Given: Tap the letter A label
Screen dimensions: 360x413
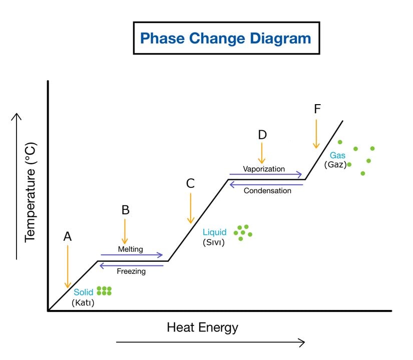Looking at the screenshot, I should click(x=68, y=236).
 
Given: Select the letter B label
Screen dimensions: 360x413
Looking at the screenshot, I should click(x=125, y=210).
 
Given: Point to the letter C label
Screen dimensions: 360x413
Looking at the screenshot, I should click(x=190, y=184).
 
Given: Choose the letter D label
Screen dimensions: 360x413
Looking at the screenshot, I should click(x=262, y=135).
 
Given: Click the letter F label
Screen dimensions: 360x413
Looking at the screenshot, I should click(x=317, y=109).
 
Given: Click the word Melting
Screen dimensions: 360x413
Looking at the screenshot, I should click(x=131, y=249).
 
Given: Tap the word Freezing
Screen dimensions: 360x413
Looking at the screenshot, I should click(x=131, y=271).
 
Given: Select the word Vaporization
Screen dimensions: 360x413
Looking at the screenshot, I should click(x=264, y=169).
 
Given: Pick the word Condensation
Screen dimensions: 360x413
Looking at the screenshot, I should click(x=267, y=191).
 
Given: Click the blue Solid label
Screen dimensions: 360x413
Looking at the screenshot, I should click(x=84, y=292).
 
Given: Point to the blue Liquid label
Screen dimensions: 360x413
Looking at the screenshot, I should click(x=214, y=232).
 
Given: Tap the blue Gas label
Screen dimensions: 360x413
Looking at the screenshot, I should click(x=337, y=155).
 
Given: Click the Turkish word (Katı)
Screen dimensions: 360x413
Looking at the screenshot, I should click(x=83, y=302).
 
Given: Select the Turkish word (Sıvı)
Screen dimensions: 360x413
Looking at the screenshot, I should click(x=214, y=243).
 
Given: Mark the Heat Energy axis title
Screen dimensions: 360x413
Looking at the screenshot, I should click(x=202, y=327).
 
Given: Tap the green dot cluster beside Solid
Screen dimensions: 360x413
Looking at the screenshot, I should click(x=104, y=291).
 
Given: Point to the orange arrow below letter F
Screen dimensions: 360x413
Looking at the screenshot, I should click(x=316, y=133).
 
